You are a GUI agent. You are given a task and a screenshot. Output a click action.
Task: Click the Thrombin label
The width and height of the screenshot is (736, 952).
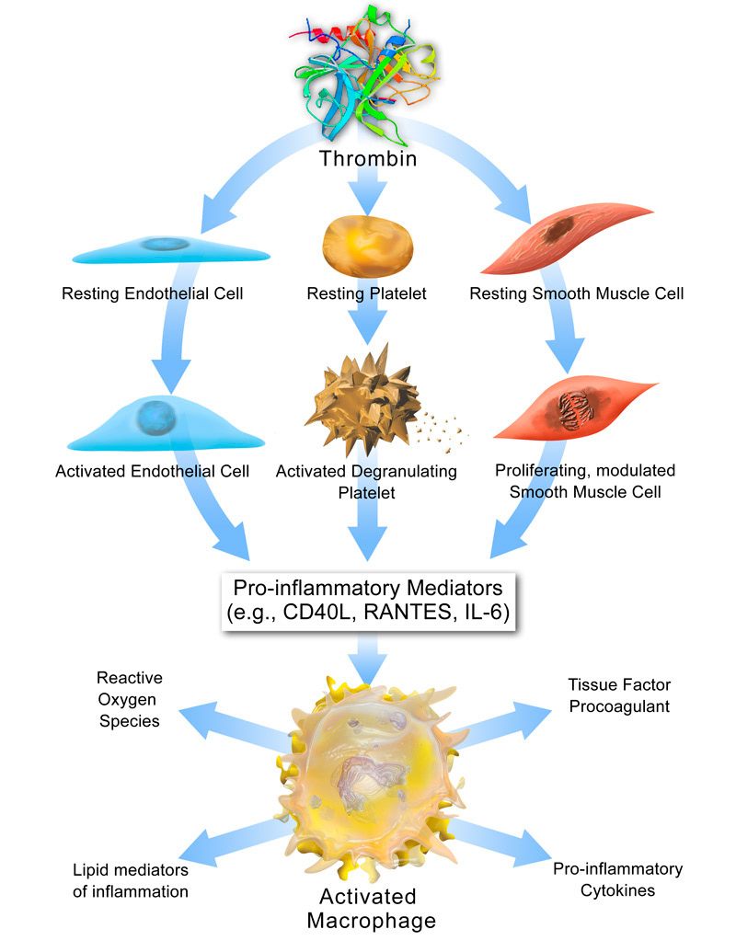368,159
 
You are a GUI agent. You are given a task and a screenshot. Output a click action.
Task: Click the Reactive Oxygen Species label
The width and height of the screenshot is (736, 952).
128,699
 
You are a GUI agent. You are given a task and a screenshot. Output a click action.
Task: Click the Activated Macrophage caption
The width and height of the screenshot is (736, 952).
367,907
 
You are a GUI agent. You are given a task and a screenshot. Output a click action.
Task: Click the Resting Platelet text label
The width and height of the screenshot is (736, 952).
368,295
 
